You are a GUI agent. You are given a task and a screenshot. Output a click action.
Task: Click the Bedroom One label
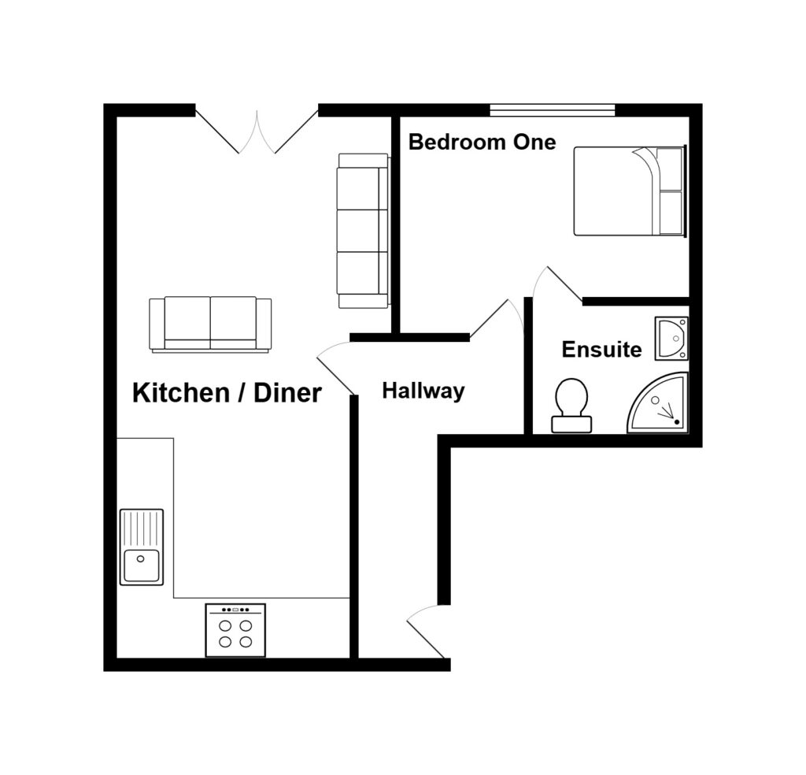click(482, 143)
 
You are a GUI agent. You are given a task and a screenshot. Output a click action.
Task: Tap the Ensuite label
click(601, 350)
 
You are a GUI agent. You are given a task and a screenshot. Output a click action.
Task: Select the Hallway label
click(423, 391)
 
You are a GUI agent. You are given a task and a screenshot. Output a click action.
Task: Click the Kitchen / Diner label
click(227, 392)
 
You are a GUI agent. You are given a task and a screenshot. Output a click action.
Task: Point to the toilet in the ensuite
click(571, 405)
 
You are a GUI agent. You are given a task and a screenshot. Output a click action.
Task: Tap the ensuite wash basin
click(671, 338)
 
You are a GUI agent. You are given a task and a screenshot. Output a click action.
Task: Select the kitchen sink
click(142, 564)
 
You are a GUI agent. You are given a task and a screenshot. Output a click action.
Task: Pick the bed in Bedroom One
click(629, 191)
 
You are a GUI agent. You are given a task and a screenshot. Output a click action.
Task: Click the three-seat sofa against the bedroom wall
click(363, 230)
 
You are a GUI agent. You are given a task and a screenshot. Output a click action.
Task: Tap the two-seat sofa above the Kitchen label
click(210, 324)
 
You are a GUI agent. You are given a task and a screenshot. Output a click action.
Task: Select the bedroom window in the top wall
click(552, 110)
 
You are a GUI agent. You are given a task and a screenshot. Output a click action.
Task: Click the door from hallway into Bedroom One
click(497, 318)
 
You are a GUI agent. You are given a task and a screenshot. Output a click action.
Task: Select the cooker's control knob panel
click(235, 610)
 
